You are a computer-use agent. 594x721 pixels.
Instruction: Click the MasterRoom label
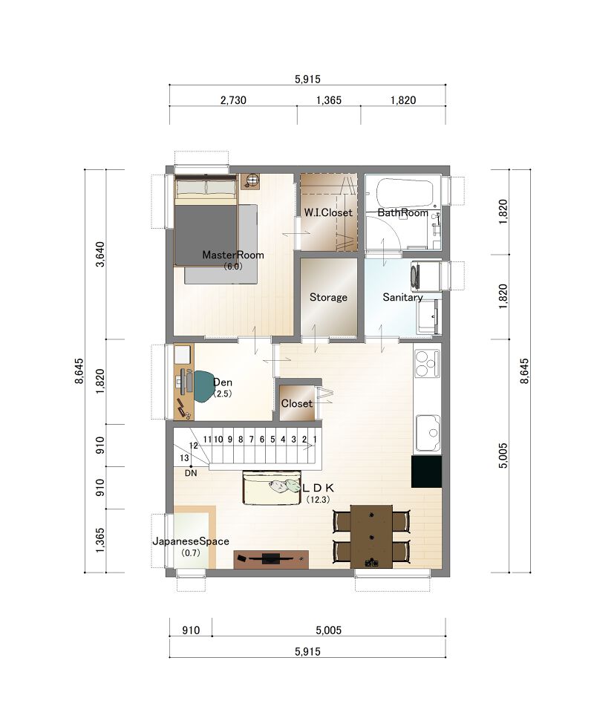[233, 255]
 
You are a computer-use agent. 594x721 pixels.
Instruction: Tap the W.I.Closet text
[328, 212]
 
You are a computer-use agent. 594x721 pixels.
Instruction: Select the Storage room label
[328, 297]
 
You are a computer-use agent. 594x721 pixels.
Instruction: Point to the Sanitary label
[402, 297]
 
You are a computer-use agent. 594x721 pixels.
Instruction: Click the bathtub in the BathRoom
[405, 194]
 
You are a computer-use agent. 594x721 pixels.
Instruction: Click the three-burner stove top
[427, 363]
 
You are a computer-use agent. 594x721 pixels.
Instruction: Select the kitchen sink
[428, 433]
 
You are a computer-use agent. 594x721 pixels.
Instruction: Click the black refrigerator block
[427, 472]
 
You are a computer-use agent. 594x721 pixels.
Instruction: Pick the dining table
[371, 536]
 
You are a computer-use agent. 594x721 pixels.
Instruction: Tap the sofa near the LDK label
[272, 488]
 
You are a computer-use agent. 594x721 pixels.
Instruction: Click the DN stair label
[191, 473]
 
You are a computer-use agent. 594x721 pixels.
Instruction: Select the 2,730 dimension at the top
[233, 99]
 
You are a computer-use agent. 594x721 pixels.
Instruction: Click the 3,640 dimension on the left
[101, 254]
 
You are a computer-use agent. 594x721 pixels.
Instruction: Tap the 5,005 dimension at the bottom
[329, 630]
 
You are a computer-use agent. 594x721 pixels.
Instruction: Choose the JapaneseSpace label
[191, 541]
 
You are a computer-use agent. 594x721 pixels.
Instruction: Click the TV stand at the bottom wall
[271, 559]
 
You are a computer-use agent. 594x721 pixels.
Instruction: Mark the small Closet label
[296, 403]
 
